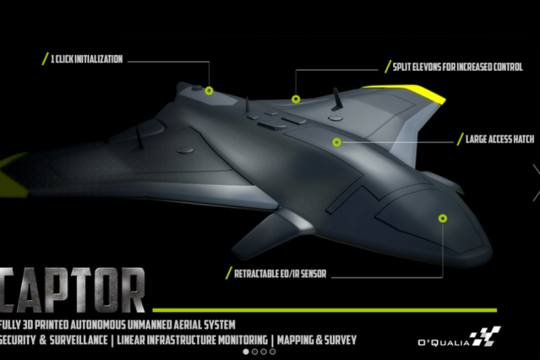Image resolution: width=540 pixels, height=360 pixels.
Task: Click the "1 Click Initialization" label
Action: (86, 59)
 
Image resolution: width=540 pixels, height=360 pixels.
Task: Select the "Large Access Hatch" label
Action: (500, 140)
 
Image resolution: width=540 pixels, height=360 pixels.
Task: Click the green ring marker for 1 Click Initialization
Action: (209, 90)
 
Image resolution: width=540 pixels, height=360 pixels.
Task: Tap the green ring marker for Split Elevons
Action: (296, 99)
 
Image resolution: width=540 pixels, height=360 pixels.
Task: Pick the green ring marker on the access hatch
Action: (336, 142)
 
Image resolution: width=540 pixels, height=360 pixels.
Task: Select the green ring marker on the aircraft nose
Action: (443, 218)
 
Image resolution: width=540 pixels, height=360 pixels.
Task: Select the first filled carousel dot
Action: (245, 352)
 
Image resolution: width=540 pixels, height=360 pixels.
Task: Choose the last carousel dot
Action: (273, 352)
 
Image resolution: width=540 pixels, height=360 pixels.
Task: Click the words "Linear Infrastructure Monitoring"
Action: (193, 339)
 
